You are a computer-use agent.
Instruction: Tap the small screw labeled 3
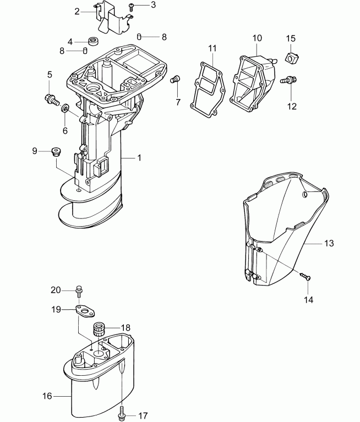pyautogui.click(x=132, y=6)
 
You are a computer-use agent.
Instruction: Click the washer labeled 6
pyautogui.click(x=65, y=107)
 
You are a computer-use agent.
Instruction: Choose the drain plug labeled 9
pyautogui.click(x=55, y=151)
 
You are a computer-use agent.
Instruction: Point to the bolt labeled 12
pyautogui.click(x=287, y=81)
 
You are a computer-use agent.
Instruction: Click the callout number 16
pyautogui.click(x=47, y=394)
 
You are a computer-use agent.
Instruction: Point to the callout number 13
pyautogui.click(x=329, y=243)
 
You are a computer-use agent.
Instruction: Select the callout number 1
pyautogui.click(x=139, y=157)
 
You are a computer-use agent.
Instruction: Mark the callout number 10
pyautogui.click(x=257, y=38)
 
